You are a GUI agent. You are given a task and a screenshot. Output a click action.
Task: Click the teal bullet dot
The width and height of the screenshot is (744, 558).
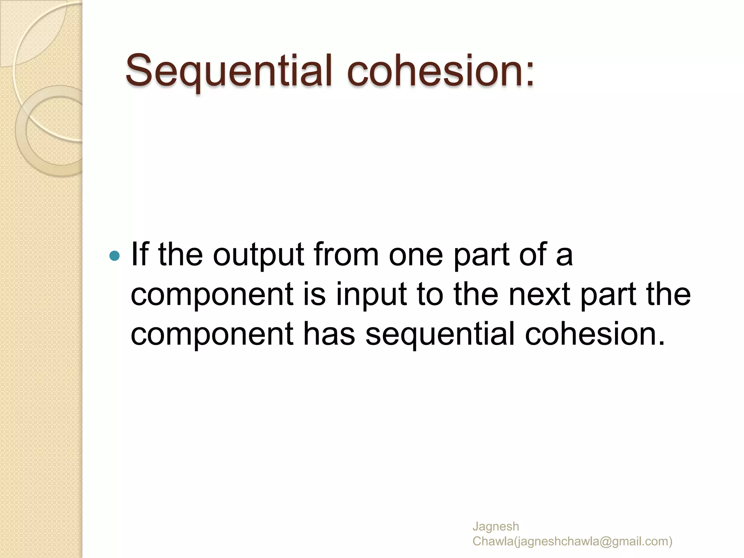pyautogui.click(x=114, y=256)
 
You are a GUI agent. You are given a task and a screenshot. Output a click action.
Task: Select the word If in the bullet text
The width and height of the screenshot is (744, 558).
pyautogui.click(x=139, y=254)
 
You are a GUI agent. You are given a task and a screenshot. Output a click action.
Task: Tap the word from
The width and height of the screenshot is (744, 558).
pyautogui.click(x=346, y=254)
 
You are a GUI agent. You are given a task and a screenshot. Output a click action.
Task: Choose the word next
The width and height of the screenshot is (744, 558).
pyautogui.click(x=539, y=294)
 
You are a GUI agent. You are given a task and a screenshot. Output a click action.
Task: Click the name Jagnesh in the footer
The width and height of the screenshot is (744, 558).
pyautogui.click(x=496, y=526)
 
